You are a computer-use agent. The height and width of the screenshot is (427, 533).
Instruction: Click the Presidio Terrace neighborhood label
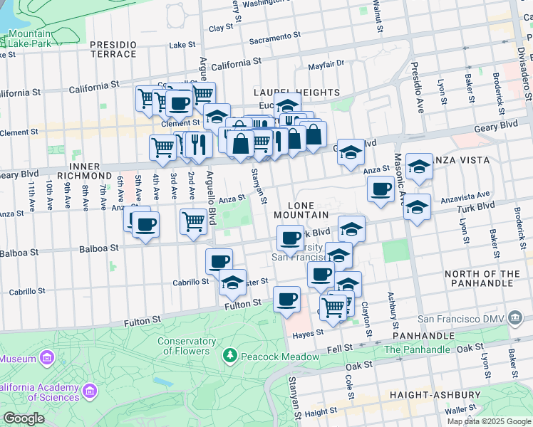pos(113,49)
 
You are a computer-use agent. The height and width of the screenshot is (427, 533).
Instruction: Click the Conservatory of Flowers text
pos(186,346)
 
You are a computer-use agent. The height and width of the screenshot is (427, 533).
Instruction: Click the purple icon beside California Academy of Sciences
pos(90,391)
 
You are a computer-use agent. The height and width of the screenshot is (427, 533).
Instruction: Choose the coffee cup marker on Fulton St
pos(287,299)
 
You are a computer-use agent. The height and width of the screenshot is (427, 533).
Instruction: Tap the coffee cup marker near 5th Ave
pos(146,225)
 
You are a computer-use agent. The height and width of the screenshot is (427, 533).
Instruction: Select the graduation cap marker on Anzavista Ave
pos(417,207)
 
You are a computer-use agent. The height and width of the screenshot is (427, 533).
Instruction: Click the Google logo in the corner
pos(24,418)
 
